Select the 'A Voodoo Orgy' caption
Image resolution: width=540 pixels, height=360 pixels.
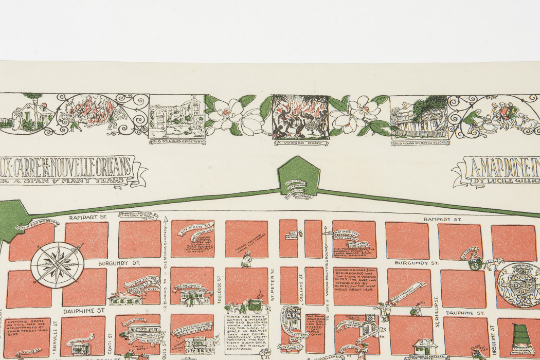(x=299, y=142)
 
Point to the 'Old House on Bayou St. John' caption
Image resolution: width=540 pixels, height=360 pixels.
(x=419, y=142)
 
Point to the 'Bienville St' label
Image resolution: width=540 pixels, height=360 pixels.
(x=56, y=336)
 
